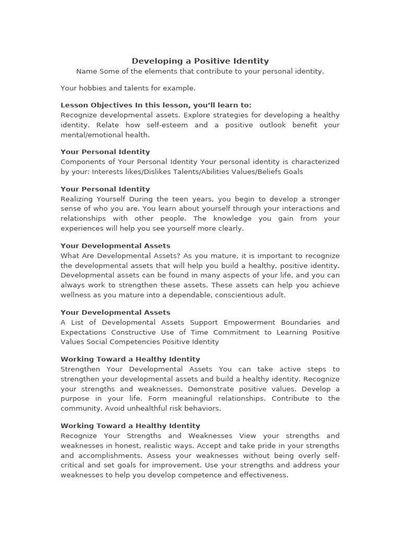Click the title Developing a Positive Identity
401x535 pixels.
200,61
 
